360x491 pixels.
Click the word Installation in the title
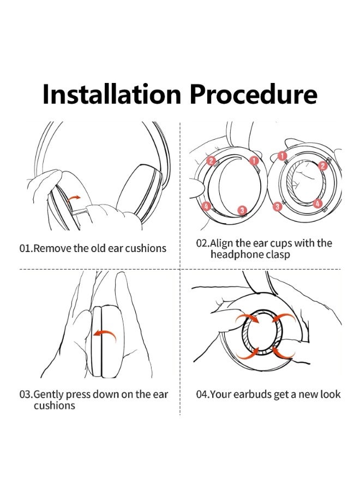pos(112,94)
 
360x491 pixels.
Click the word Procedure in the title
pos(254,94)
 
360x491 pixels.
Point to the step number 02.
pos(202,243)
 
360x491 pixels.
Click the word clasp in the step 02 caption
pos(278,255)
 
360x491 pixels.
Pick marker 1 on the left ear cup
pos(254,160)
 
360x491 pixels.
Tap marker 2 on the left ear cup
pos(211,161)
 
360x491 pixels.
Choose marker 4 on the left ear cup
pos(206,206)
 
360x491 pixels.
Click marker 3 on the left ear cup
pos(242,210)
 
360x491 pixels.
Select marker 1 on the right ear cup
pos(283,155)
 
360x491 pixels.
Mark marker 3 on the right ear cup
pos(277,206)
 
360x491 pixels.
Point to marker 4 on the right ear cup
pos(317,203)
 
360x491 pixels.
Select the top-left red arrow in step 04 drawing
pos(247,318)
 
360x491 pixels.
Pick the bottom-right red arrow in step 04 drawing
pos(283,352)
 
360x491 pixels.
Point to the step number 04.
pos(202,394)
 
